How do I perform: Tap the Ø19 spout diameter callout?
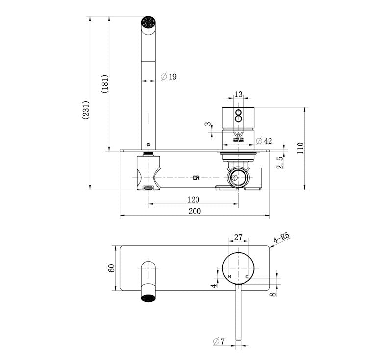[169, 77]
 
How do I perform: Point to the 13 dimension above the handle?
[238, 94]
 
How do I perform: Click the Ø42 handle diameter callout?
[264, 141]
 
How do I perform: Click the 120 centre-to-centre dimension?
[193, 199]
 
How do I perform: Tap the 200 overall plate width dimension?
[195, 211]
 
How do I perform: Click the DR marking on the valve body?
[196, 178]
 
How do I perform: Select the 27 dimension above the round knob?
[238, 237]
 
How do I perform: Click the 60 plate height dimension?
[112, 268]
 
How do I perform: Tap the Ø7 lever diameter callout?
[219, 341]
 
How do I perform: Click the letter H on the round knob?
[229, 277]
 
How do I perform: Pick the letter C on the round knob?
[247, 277]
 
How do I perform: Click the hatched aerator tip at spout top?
[148, 22]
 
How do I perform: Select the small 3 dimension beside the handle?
[208, 124]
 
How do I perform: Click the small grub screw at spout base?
[148, 144]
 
